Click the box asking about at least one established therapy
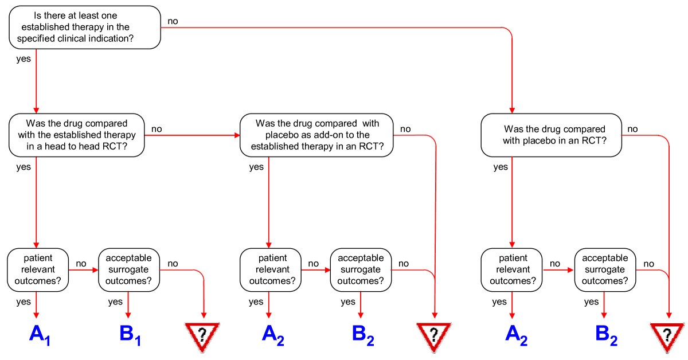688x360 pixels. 85,27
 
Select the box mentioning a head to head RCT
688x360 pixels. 77,135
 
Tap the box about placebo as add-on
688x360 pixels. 316,135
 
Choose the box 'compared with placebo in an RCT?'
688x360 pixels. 551,135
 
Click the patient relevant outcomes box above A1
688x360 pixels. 37,268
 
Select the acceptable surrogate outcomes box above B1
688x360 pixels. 129,268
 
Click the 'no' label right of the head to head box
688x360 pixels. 156,129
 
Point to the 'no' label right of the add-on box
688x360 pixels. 405,129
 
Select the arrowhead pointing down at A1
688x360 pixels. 37,314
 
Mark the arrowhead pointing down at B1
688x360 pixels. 128,314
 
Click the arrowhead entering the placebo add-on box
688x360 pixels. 235,135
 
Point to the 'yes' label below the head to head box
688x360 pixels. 23,167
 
